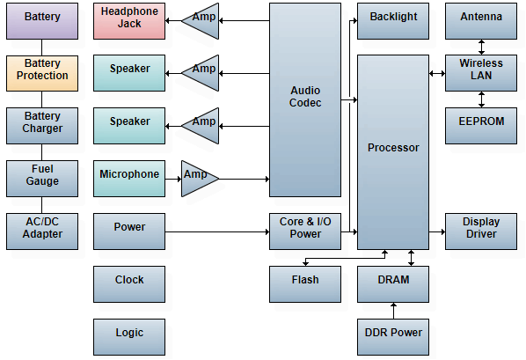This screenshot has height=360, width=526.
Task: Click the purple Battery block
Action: pyautogui.click(x=42, y=21)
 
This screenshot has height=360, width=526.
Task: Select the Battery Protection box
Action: pyautogui.click(x=42, y=73)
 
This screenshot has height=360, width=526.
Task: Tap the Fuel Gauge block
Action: pyautogui.click(x=42, y=179)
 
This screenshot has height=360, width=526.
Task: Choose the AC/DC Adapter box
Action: pyautogui.click(x=42, y=231)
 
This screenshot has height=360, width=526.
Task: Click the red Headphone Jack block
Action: pyautogui.click(x=129, y=21)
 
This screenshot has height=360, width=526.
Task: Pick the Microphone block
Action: pyautogui.click(x=129, y=179)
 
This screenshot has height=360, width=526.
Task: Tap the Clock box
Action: pyautogui.click(x=129, y=284)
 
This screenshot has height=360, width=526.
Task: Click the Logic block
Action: pyautogui.click(x=129, y=337)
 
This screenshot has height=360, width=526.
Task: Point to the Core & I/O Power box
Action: pyautogui.click(x=305, y=231)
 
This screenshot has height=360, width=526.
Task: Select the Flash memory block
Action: pyautogui.click(x=305, y=284)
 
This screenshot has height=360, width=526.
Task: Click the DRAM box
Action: pyautogui.click(x=393, y=284)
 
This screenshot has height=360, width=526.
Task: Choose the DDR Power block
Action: pyautogui.click(x=393, y=337)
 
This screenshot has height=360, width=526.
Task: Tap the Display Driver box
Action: pyautogui.click(x=481, y=231)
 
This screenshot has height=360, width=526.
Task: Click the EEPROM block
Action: pyautogui.click(x=481, y=126)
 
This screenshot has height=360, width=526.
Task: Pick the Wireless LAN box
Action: pyautogui.click(x=481, y=73)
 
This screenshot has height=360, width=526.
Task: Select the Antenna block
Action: pyautogui.click(x=481, y=21)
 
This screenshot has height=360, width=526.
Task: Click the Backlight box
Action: pyautogui.click(x=393, y=21)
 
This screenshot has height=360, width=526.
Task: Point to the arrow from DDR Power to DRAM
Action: pyautogui.click(x=393, y=311)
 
